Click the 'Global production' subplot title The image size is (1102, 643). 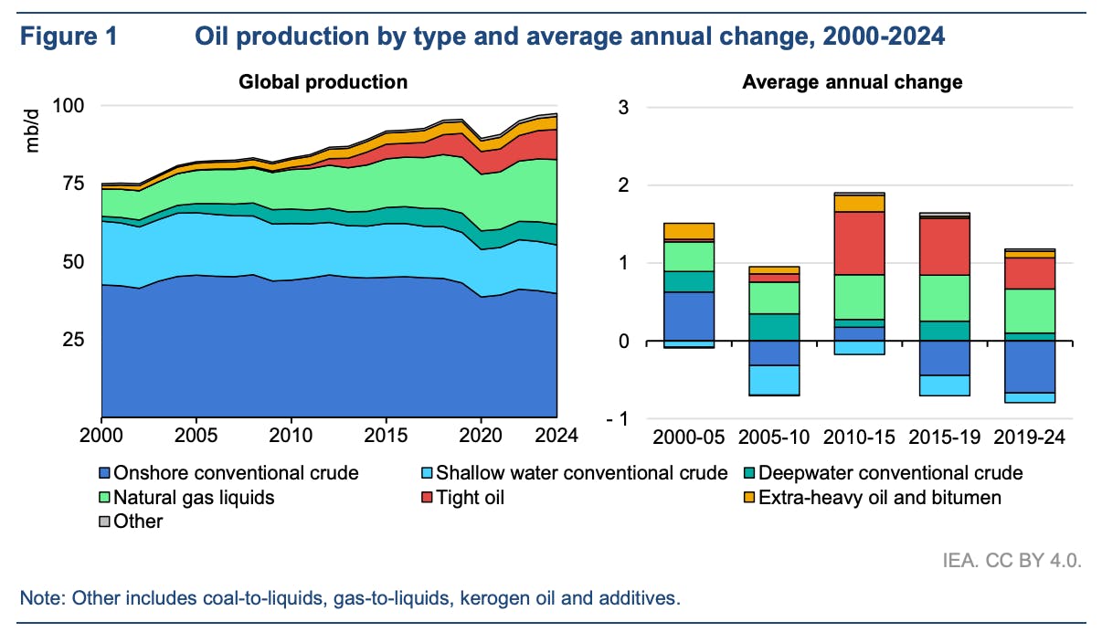(323, 82)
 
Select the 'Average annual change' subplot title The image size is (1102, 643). (852, 82)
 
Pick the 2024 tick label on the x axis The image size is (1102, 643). (557, 436)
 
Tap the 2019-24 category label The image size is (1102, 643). (1031, 436)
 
